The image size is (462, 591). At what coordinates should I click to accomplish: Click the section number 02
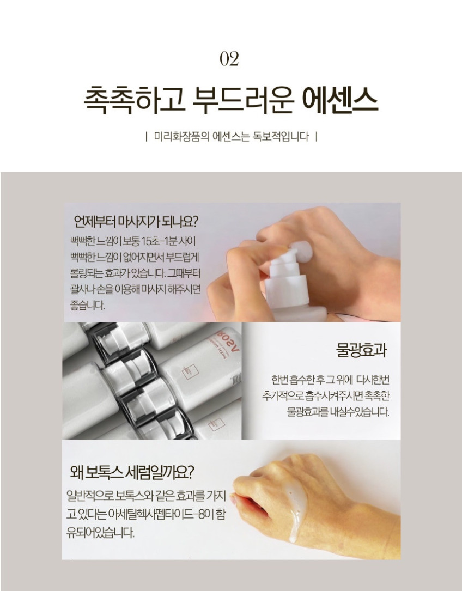click(229, 59)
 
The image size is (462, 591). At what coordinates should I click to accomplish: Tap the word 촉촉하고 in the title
click(134, 100)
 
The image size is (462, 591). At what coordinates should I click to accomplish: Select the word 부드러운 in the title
click(243, 100)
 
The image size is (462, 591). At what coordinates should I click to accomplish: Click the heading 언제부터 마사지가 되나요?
click(136, 221)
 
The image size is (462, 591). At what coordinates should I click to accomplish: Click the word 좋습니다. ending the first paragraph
click(87, 305)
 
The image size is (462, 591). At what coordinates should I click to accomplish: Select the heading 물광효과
click(361, 350)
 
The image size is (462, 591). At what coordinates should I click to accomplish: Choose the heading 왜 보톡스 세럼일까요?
click(132, 472)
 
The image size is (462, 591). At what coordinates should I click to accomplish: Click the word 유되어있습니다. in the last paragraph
click(100, 533)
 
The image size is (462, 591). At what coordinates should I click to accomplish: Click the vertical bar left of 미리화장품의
click(147, 136)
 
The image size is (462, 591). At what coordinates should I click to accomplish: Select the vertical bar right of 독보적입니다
click(316, 136)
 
